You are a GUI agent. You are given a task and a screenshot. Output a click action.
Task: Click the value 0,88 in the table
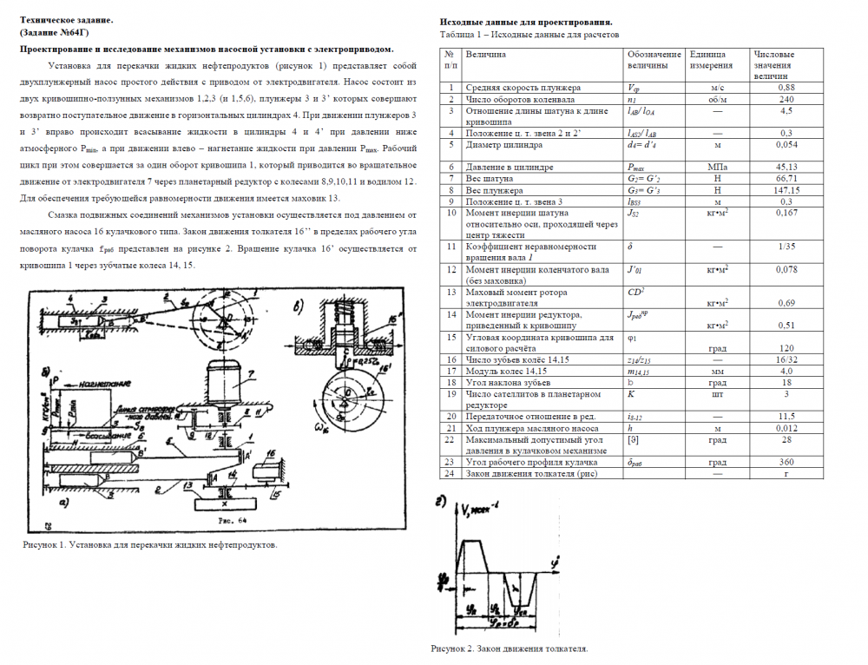pos(786,88)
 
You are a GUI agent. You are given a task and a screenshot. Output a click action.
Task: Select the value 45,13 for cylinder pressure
pos(786,167)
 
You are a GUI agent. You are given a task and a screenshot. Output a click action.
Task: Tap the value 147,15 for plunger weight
pos(786,190)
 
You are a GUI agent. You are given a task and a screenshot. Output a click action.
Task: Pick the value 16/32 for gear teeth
pos(786,359)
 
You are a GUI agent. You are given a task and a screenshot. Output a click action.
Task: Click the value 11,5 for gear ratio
pos(786,417)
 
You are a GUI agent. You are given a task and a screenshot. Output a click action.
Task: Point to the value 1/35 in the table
pos(786,247)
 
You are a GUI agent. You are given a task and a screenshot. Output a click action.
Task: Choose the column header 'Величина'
pos(486,55)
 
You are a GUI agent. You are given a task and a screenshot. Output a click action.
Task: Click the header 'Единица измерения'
pos(710,60)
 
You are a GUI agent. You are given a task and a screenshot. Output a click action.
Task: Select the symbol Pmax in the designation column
pos(638,167)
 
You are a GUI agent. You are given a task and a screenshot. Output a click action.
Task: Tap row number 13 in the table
pos(450,293)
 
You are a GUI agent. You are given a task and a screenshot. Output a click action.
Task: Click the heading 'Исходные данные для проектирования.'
pos(526,21)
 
